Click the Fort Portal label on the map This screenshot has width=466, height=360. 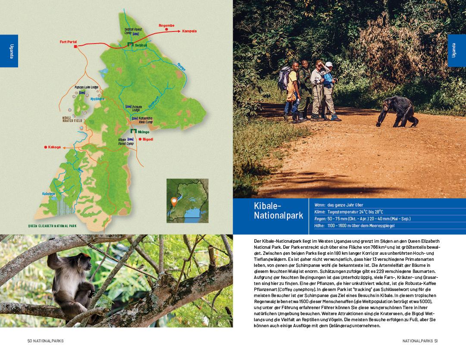(x=68, y=42)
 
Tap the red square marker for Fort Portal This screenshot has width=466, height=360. (x=75, y=47)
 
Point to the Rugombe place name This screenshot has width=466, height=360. (x=166, y=25)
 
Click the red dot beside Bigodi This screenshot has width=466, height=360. (x=140, y=139)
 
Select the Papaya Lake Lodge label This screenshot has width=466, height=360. (x=87, y=87)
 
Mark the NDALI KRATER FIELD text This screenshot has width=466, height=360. (x=72, y=119)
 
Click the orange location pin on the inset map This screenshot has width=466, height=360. (x=174, y=201)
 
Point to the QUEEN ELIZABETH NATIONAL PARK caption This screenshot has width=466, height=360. (x=52, y=225)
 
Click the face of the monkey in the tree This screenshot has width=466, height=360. (x=77, y=266)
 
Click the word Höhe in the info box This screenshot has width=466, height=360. (x=319, y=225)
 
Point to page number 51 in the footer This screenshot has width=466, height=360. (x=436, y=341)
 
